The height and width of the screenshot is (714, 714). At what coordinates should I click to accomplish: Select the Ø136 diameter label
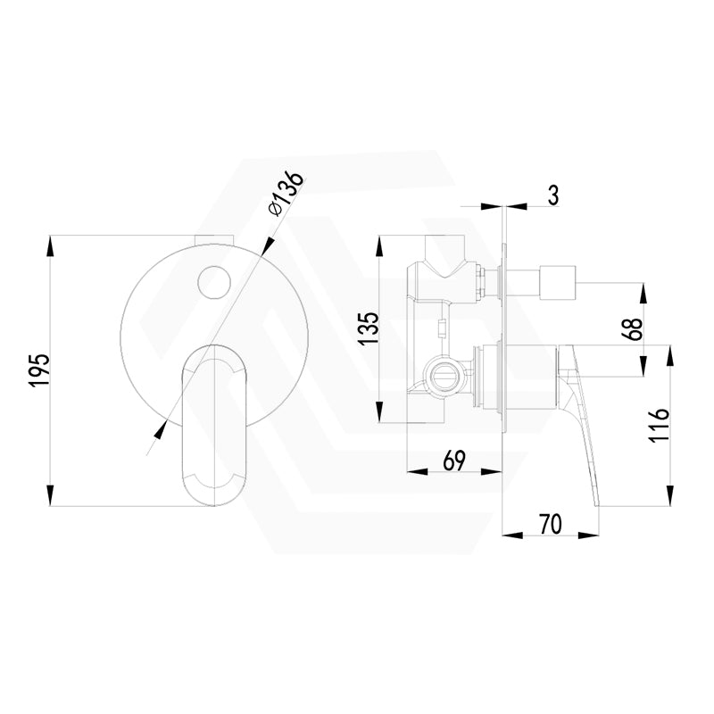click(286, 191)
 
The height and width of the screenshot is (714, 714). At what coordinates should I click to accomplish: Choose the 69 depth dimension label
click(453, 461)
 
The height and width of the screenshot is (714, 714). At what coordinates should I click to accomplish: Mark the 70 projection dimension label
click(550, 525)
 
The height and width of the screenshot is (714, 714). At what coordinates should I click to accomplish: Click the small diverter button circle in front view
click(215, 283)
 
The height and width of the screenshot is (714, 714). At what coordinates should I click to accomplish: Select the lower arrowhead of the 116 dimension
click(670, 501)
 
